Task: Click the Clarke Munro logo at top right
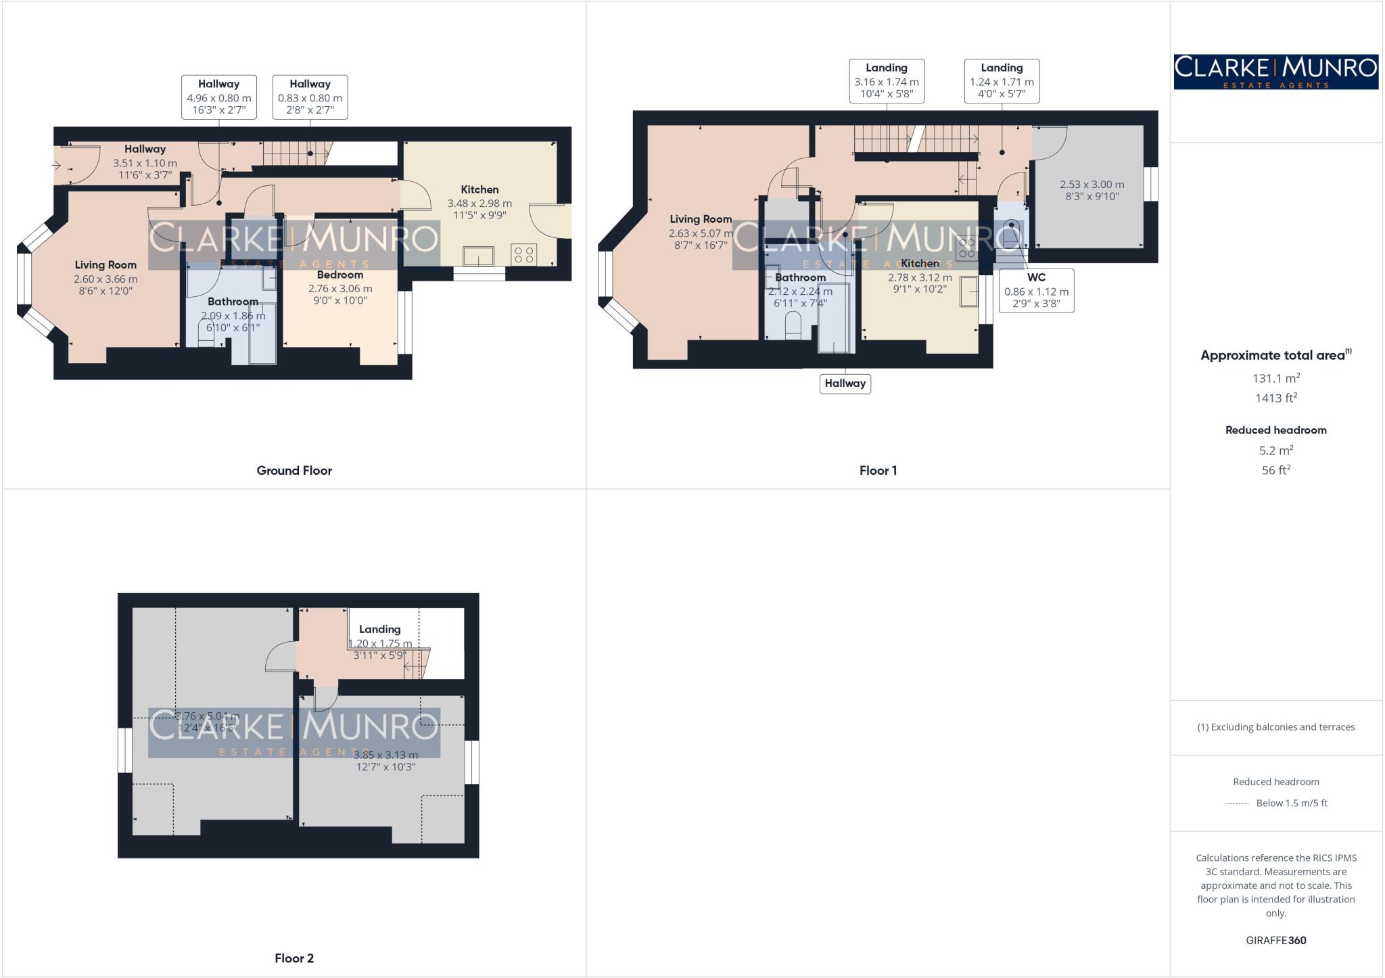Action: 1275,72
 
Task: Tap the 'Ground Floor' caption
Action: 294,470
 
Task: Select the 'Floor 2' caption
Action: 294,958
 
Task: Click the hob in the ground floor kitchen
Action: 524,255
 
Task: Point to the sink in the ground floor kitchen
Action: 478,256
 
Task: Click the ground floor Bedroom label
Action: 339,275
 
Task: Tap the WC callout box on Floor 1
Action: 1036,290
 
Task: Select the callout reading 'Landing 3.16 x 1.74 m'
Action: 886,81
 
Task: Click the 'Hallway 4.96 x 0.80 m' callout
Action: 218,97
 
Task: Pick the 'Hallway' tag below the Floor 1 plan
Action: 845,383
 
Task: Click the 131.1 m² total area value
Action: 1275,378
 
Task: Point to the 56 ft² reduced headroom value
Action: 1275,470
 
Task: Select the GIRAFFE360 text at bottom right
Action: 1275,940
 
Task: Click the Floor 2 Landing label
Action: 379,629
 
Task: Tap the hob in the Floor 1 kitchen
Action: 966,248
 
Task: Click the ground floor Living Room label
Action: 105,265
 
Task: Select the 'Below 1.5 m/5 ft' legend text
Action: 1291,803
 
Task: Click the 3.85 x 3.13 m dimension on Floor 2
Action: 385,755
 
